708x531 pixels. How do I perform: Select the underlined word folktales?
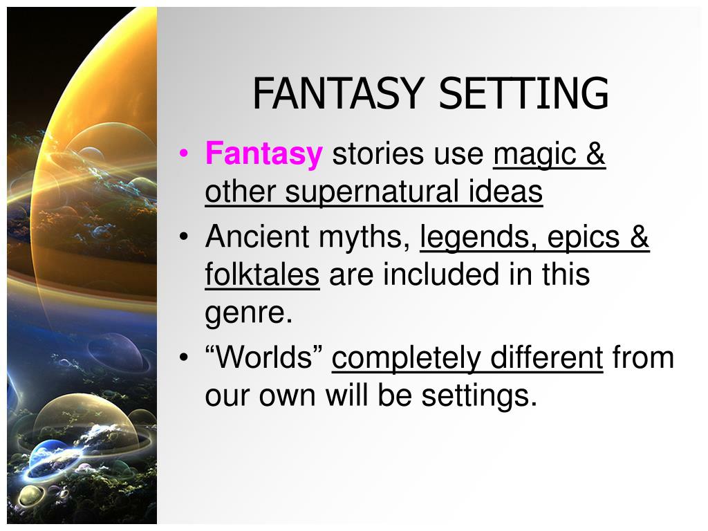262,275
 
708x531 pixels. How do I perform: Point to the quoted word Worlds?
265,358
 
